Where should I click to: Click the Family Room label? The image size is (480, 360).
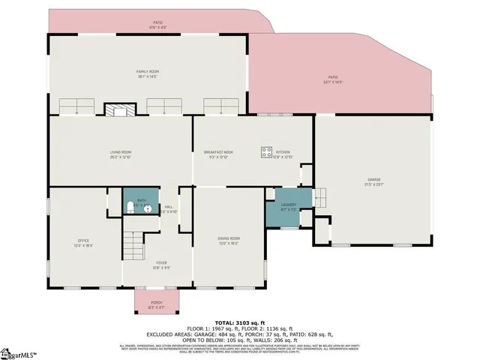(147, 71)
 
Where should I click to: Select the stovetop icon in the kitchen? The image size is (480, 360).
(266, 152)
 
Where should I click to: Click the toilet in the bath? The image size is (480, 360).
(130, 205)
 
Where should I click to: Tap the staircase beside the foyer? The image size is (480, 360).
(133, 245)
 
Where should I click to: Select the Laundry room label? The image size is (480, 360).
(289, 204)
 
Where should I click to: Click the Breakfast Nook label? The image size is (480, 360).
(218, 152)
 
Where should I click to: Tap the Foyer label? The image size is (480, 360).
(161, 263)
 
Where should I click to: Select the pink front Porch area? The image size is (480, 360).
(156, 303)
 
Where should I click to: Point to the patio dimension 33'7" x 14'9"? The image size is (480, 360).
(331, 81)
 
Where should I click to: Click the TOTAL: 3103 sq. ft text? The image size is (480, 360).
(240, 320)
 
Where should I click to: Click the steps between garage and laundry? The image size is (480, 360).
(321, 198)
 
